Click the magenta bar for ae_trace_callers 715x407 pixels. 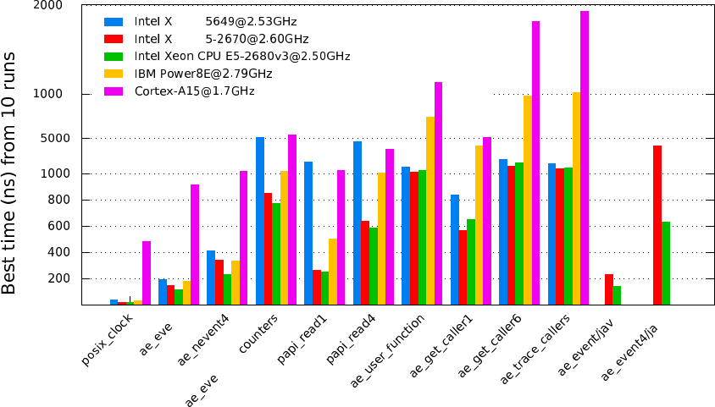(585, 157)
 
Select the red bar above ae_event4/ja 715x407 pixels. (657, 225)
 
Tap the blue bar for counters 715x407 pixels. (260, 221)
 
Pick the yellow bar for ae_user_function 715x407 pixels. (430, 211)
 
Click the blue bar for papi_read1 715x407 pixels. (308, 233)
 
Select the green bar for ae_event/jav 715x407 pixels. (618, 295)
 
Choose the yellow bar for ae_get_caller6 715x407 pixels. (528, 200)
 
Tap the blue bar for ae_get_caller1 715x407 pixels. (455, 250)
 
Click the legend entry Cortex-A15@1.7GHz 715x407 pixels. (194, 91)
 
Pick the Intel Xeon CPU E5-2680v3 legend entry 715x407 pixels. (241, 56)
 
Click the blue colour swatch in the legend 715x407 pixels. (113, 21)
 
